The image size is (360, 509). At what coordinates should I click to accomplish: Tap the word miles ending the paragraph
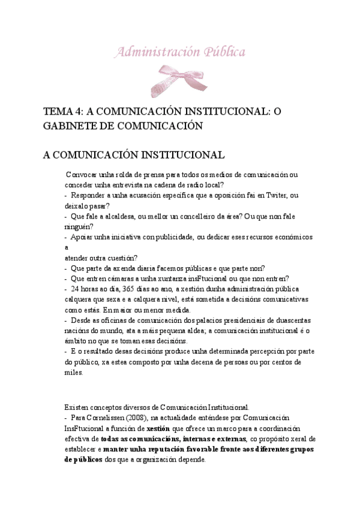[73, 372]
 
